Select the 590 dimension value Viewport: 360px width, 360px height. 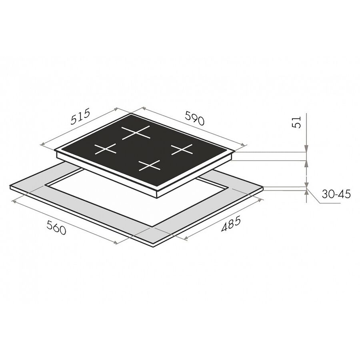[x=194, y=118]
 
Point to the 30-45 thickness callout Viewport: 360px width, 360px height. [x=336, y=194]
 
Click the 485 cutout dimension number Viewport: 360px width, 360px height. [x=231, y=224]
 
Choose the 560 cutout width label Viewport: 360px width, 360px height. [x=56, y=227]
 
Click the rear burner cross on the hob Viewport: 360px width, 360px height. [x=136, y=132]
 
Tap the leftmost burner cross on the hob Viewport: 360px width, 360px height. [x=105, y=149]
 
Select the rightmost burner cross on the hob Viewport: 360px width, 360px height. [x=182, y=150]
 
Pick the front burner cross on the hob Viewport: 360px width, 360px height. [x=149, y=165]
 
